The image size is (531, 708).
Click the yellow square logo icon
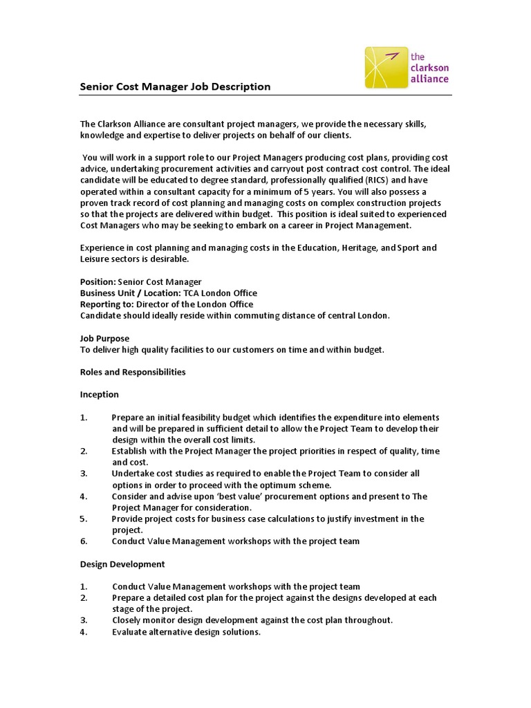(386, 67)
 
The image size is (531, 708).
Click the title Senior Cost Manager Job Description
(175, 86)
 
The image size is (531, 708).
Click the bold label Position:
(97, 281)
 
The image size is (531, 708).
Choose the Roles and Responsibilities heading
(133, 371)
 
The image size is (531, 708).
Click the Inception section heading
(100, 394)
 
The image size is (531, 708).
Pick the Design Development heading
(122, 563)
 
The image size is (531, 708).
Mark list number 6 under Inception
(83, 541)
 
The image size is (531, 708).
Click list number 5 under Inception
(83, 518)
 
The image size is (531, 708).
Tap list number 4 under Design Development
(83, 631)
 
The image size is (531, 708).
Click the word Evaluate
(131, 631)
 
